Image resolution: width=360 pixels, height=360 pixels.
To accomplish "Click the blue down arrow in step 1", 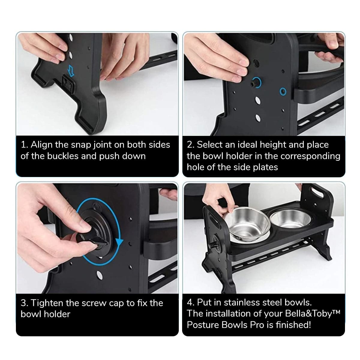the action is (71, 70).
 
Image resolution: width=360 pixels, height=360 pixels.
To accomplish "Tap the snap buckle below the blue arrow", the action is (69, 83).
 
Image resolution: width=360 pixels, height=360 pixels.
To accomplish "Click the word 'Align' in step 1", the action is (41, 145).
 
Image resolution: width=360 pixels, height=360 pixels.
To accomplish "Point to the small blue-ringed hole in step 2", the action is (283, 91).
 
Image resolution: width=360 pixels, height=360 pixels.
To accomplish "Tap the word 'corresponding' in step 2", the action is (310, 156).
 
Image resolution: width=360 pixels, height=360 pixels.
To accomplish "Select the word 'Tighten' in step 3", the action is (47, 303).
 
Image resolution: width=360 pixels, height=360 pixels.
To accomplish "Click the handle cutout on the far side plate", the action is (317, 193).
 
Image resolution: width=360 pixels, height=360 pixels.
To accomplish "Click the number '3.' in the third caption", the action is (25, 303).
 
